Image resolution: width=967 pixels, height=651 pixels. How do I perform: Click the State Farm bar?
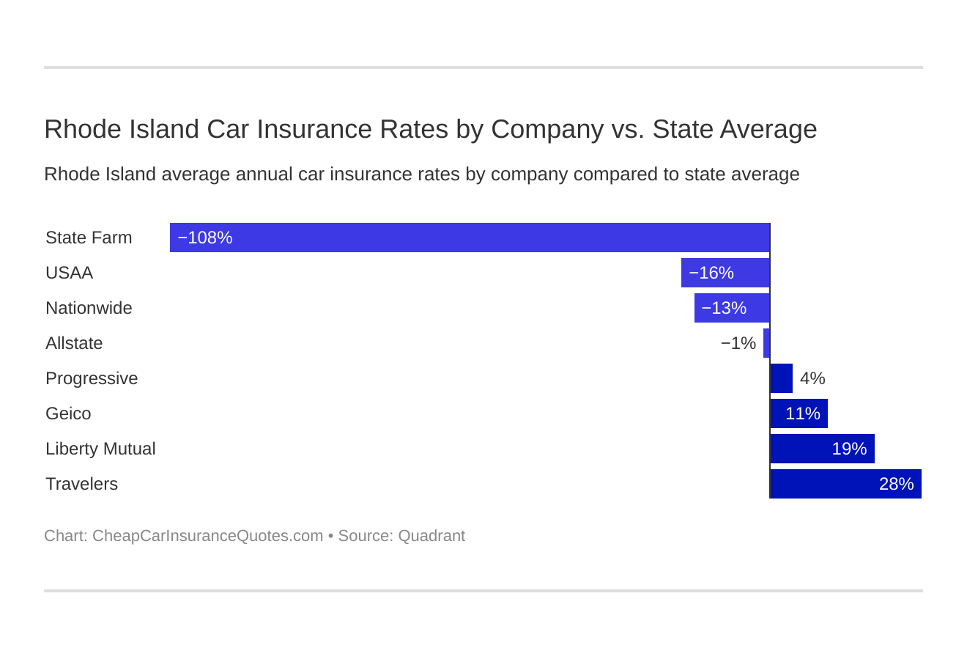pos(469,238)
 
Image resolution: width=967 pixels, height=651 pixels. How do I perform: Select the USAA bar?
pos(725,273)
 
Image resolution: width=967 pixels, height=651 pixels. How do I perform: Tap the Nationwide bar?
pos(732,308)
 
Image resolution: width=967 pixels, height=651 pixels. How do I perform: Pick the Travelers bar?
pos(845,484)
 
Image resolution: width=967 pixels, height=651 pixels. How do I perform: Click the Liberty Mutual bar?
pos(822,449)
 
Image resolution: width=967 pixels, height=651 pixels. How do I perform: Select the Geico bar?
pos(799,413)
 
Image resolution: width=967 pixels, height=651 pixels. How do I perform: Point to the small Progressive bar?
pos(782,378)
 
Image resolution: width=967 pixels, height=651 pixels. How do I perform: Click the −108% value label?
pos(205,238)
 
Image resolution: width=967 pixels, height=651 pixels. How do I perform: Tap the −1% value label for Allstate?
pos(738,343)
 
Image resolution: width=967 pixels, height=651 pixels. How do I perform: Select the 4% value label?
pos(812,378)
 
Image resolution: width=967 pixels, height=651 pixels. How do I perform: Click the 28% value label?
pos(896,484)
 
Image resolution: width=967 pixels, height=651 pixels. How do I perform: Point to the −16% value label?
pos(711,273)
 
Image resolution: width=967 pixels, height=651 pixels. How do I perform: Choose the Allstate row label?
pos(74,343)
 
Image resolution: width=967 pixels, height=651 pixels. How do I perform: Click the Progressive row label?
pos(92,378)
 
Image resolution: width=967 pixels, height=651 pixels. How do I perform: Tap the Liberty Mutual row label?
pos(100,449)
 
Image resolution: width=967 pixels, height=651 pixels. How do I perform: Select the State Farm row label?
pos(89,238)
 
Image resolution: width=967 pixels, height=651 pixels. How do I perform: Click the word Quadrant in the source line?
pos(431,536)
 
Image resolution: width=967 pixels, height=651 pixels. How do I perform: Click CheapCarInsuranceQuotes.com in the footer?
pos(207,536)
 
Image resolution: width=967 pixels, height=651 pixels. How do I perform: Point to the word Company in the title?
pos(547,130)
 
